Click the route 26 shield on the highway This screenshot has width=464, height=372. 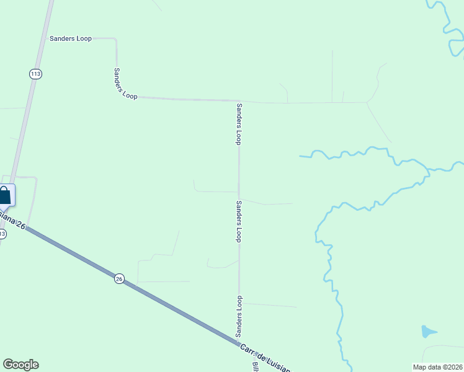pos(119,279)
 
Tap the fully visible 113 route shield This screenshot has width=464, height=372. pos(35,74)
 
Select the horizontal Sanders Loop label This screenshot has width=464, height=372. pos(70,38)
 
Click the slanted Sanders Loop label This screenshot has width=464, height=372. pos(125,83)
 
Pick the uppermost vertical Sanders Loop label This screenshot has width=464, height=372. pos(238,123)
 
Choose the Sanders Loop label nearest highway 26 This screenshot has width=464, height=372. pos(239,317)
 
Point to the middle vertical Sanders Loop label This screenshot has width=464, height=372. pos(239,221)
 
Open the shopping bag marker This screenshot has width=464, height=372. pos(5,195)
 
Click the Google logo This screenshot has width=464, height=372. pos(20,365)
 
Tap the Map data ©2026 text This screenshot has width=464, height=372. pos(437,366)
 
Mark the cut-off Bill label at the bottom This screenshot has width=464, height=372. pos(255,366)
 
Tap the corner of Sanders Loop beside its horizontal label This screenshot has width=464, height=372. pos(115,40)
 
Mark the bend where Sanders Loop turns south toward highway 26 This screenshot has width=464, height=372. pos(239,100)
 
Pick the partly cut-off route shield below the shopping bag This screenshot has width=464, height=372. pos(2,234)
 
